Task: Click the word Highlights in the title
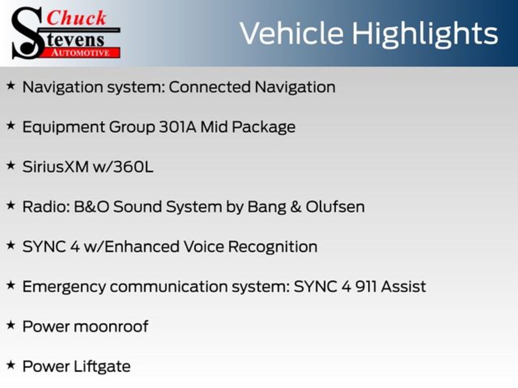(x=425, y=34)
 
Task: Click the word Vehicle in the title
(x=291, y=33)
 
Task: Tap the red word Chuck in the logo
(x=77, y=18)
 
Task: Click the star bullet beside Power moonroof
(x=11, y=326)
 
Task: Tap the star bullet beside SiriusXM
(x=11, y=166)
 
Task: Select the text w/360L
(x=123, y=167)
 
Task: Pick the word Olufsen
(x=335, y=207)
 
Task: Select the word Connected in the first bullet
(x=209, y=87)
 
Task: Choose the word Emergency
(x=64, y=287)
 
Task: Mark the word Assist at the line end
(x=403, y=286)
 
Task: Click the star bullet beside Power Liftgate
(x=11, y=366)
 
